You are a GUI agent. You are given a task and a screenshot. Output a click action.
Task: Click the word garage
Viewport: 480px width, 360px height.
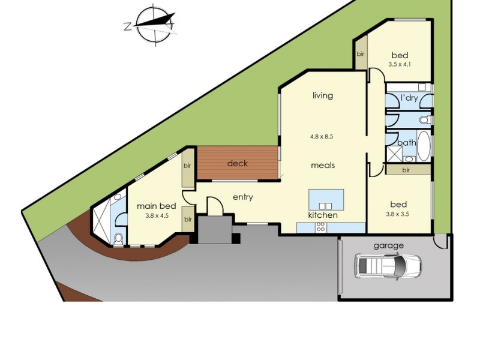pyautogui.click(x=388, y=245)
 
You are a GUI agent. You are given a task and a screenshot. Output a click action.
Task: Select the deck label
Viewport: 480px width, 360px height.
pyautogui.click(x=238, y=163)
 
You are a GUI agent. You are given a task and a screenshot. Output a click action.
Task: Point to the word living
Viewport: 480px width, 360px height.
pyautogui.click(x=322, y=95)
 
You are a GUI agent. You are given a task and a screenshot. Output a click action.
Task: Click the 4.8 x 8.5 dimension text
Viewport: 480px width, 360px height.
pyautogui.click(x=322, y=136)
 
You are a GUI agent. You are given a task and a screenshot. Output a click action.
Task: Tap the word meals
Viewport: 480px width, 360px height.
pyautogui.click(x=323, y=165)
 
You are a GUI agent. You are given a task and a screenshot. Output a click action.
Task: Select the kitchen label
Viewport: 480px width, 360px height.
pyautogui.click(x=323, y=215)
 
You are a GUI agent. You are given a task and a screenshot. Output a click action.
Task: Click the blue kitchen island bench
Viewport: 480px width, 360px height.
pyautogui.click(x=326, y=199)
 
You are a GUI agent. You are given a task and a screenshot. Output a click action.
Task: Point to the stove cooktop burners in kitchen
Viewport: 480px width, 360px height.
pyautogui.click(x=320, y=227)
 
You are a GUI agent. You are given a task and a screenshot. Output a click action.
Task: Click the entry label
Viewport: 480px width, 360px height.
pyautogui.click(x=243, y=197)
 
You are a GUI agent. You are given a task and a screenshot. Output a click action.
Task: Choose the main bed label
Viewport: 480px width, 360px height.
pyautogui.click(x=155, y=206)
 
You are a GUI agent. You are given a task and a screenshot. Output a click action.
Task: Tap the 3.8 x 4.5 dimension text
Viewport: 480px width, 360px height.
pyautogui.click(x=157, y=215)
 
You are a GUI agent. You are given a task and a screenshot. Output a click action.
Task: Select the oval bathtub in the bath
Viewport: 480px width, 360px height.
pyautogui.click(x=424, y=146)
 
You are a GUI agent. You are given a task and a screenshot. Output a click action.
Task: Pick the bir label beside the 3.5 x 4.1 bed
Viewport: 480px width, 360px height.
pyautogui.click(x=361, y=54)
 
